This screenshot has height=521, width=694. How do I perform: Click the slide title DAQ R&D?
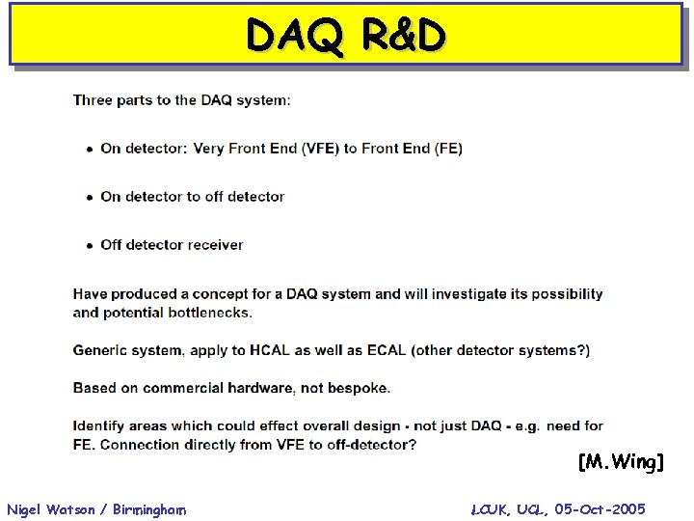(346, 36)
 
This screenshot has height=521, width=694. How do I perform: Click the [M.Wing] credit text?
(622, 463)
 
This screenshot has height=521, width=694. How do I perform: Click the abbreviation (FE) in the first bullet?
(448, 149)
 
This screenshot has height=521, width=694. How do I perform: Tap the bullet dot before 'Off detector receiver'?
(90, 246)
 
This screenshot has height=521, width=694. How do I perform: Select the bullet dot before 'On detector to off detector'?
(90, 198)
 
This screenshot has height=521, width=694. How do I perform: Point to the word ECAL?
(385, 350)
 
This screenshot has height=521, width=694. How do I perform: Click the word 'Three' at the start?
(93, 100)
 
